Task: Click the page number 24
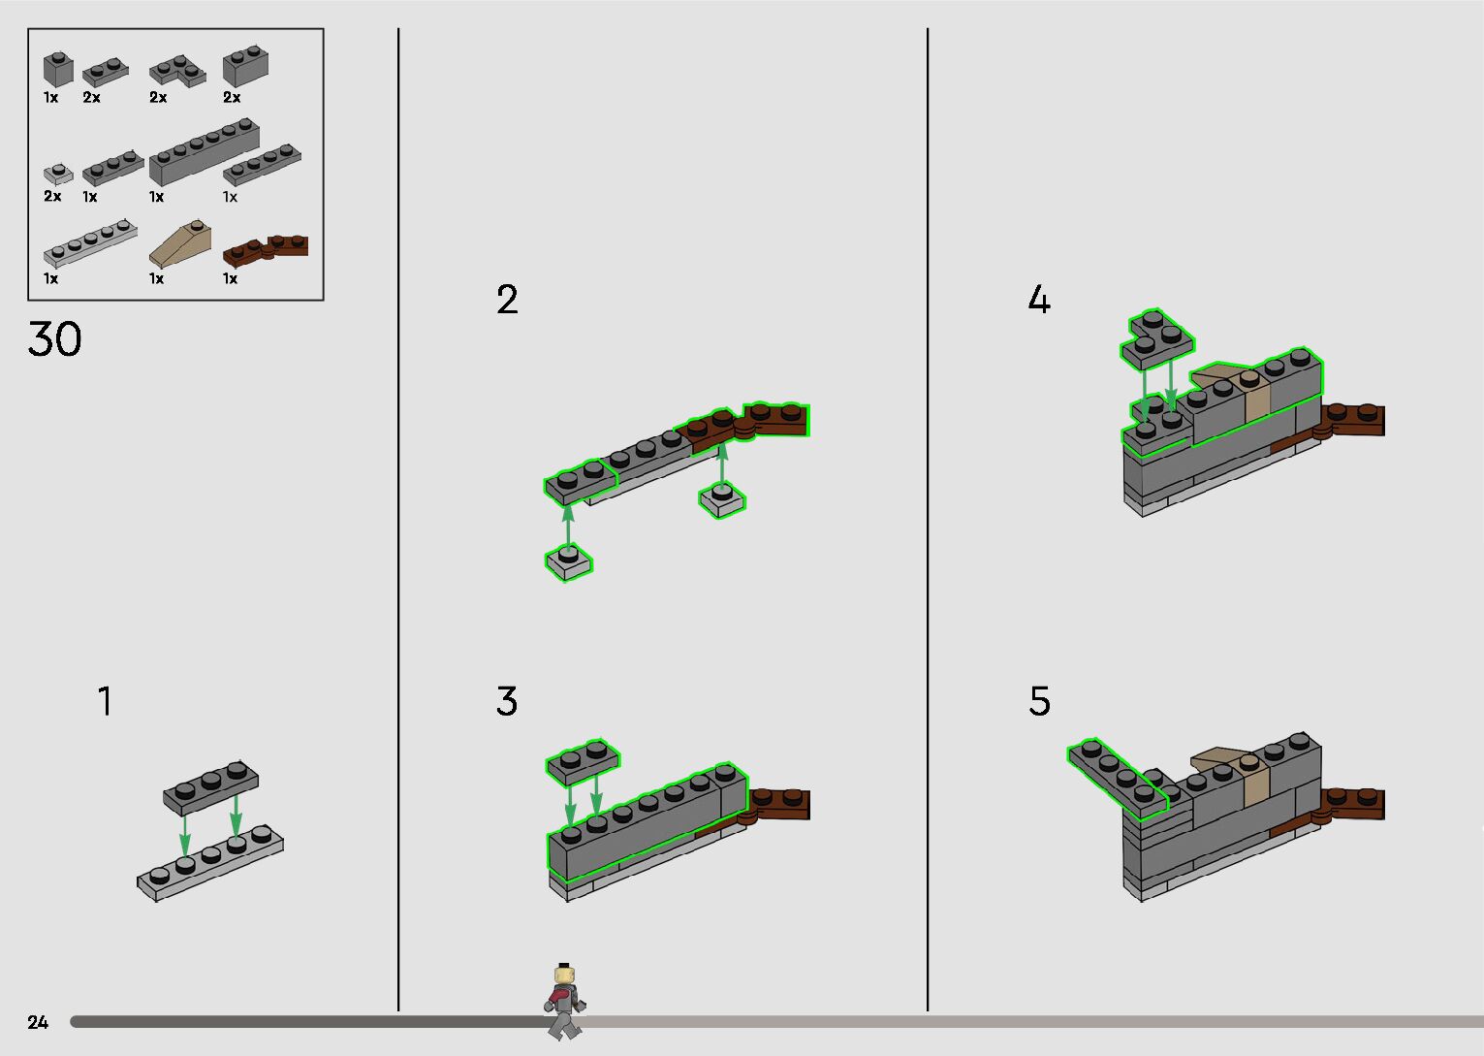[38, 1022]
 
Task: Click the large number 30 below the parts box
[54, 339]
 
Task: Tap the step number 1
[106, 701]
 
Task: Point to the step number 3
[507, 701]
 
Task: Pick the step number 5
[1039, 701]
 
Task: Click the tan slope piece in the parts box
[180, 242]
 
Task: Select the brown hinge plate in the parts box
[266, 249]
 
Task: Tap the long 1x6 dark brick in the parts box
[205, 152]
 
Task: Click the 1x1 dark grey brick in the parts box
[58, 69]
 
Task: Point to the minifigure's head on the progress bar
[564, 975]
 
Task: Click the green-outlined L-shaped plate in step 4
[1156, 338]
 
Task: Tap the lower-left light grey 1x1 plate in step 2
[568, 562]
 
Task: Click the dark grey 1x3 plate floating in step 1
[210, 786]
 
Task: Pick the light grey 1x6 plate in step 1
[210, 863]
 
